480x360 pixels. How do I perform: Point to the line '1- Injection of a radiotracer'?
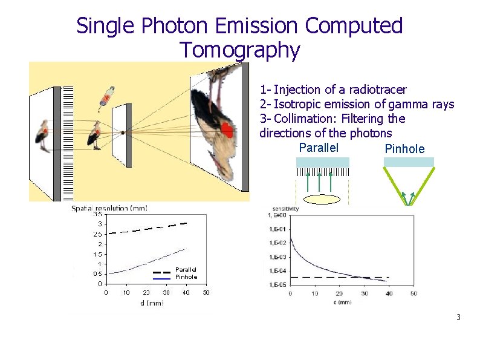[x=333, y=90]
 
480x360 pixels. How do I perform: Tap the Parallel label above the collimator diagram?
[x=319, y=148]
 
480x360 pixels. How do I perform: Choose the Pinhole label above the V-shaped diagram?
[x=404, y=149]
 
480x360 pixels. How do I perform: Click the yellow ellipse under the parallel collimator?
[x=322, y=200]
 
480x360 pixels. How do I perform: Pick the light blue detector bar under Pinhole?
[x=409, y=162]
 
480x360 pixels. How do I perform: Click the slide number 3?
[x=459, y=317]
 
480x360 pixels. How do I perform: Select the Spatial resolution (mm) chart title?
[x=109, y=208]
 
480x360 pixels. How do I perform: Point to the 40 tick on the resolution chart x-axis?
[x=186, y=293]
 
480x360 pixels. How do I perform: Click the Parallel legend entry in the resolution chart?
[x=186, y=270]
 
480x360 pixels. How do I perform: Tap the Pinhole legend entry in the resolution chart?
[x=186, y=277]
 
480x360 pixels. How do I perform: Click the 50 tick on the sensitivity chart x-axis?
[x=413, y=293]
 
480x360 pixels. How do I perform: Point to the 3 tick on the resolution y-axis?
[x=99, y=224]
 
